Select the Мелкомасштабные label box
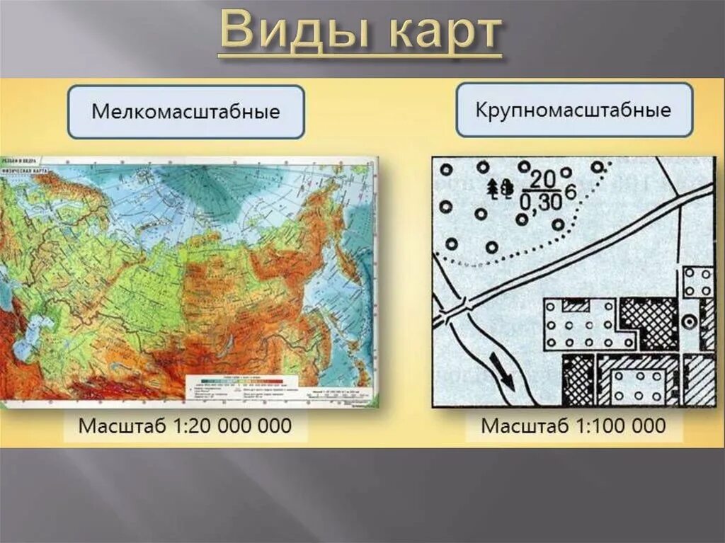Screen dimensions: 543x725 click(x=185, y=112)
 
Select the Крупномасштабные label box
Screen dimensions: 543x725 click(x=573, y=110)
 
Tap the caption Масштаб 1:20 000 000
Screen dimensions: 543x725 click(x=185, y=425)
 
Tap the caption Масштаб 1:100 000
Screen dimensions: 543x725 click(x=573, y=425)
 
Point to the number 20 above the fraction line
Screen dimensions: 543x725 click(x=542, y=178)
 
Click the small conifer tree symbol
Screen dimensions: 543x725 click(x=493, y=187)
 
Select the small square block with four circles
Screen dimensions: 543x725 click(x=698, y=282)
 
